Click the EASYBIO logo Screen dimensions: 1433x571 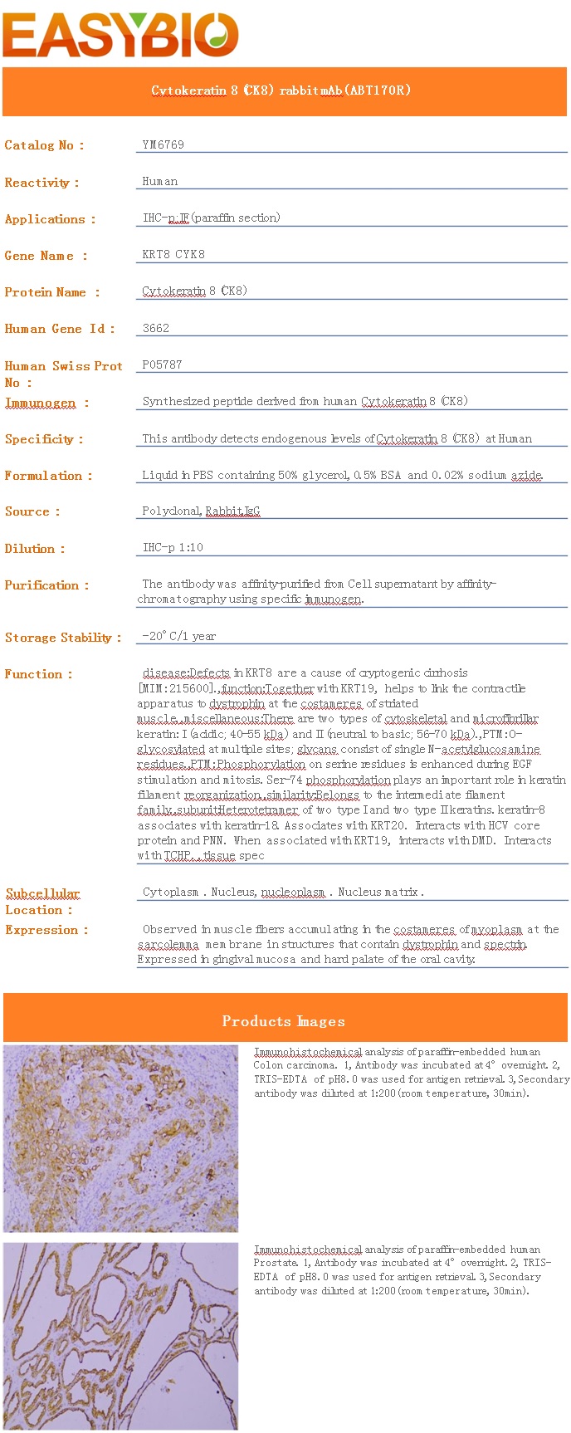point(120,35)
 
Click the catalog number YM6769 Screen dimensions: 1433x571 point(163,144)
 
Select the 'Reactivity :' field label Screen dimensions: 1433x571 point(41,183)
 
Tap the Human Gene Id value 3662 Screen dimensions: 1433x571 point(156,328)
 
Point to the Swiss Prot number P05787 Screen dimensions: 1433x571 point(162,364)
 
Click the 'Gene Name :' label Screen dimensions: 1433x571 point(46,256)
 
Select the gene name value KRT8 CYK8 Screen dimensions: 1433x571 point(173,254)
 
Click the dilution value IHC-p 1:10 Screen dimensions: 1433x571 point(173,547)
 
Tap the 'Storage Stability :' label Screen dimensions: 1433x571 point(63,638)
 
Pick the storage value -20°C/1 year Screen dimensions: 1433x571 point(178,636)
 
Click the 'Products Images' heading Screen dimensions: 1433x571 point(284,1021)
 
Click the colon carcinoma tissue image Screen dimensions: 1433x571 point(120,1137)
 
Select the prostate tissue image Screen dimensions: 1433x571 point(120,1336)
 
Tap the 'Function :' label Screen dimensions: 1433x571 point(38,674)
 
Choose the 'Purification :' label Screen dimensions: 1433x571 point(46,585)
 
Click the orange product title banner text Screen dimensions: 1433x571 point(281,90)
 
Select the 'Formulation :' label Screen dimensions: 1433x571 point(48,476)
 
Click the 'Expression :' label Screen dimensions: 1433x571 point(46,930)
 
